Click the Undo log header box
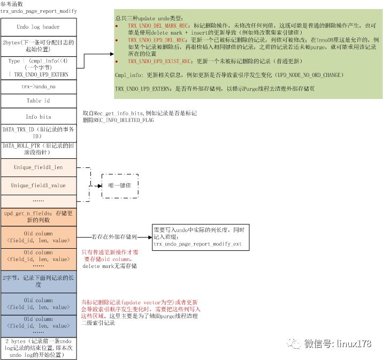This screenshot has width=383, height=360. pyautogui.click(x=38, y=27)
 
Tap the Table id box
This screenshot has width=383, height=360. pyautogui.click(x=38, y=101)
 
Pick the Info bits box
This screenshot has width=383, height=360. pyautogui.click(x=38, y=117)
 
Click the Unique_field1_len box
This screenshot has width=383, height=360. pyautogui.click(x=38, y=167)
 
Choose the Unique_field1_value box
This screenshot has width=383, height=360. pyautogui.click(x=38, y=185)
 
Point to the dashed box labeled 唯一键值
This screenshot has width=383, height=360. pyautogui.click(x=120, y=185)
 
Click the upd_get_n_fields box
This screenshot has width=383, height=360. pyautogui.click(x=38, y=217)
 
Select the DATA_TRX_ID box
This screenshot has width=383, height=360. pyautogui.click(x=38, y=132)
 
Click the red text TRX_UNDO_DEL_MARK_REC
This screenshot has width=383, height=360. pyautogui.click(x=160, y=25)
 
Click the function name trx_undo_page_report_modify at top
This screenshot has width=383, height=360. pyautogui.click(x=39, y=11)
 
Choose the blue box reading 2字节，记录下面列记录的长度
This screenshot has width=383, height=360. pyautogui.click(x=38, y=281)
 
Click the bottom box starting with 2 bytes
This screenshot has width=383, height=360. pyautogui.click(x=38, y=348)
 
